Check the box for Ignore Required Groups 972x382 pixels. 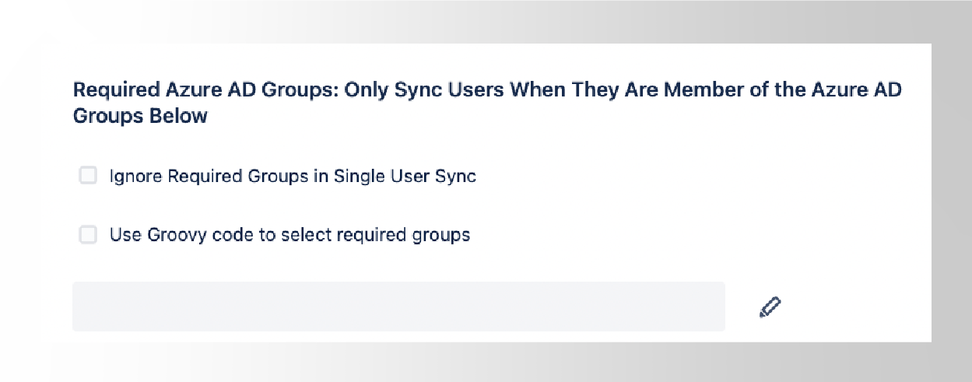(88, 176)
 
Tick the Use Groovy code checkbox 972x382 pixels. (88, 235)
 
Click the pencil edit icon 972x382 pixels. (770, 307)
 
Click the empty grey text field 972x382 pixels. (398, 307)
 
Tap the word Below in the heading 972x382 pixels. (178, 116)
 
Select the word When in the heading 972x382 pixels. (537, 89)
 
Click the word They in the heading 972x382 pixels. (595, 90)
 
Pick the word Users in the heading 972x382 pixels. (475, 89)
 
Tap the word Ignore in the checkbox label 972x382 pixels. (136, 177)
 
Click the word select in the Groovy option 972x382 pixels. (306, 235)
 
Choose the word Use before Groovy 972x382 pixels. (125, 235)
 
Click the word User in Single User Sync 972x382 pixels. (409, 176)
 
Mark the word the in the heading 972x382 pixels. (790, 89)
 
